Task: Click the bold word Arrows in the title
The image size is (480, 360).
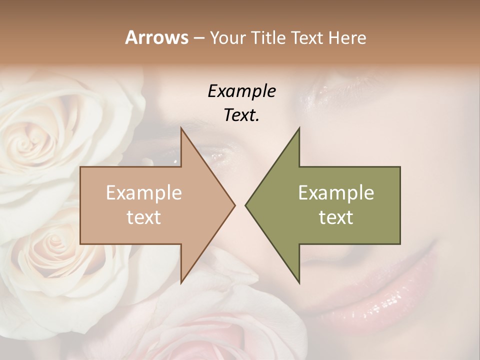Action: [157, 37]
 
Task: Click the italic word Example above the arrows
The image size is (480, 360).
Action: [241, 91]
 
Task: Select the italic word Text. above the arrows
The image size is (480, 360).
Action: [241, 115]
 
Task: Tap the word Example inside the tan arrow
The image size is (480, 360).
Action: [143, 193]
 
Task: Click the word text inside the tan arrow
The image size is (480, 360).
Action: [143, 217]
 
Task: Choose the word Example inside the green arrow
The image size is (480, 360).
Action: [336, 193]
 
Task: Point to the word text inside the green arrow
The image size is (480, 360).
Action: [336, 217]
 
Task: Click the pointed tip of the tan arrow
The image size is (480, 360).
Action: [234, 205]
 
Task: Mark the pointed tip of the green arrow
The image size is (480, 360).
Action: [245, 205]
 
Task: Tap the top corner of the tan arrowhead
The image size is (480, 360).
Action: [181, 128]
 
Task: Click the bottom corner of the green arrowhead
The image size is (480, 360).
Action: [299, 283]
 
